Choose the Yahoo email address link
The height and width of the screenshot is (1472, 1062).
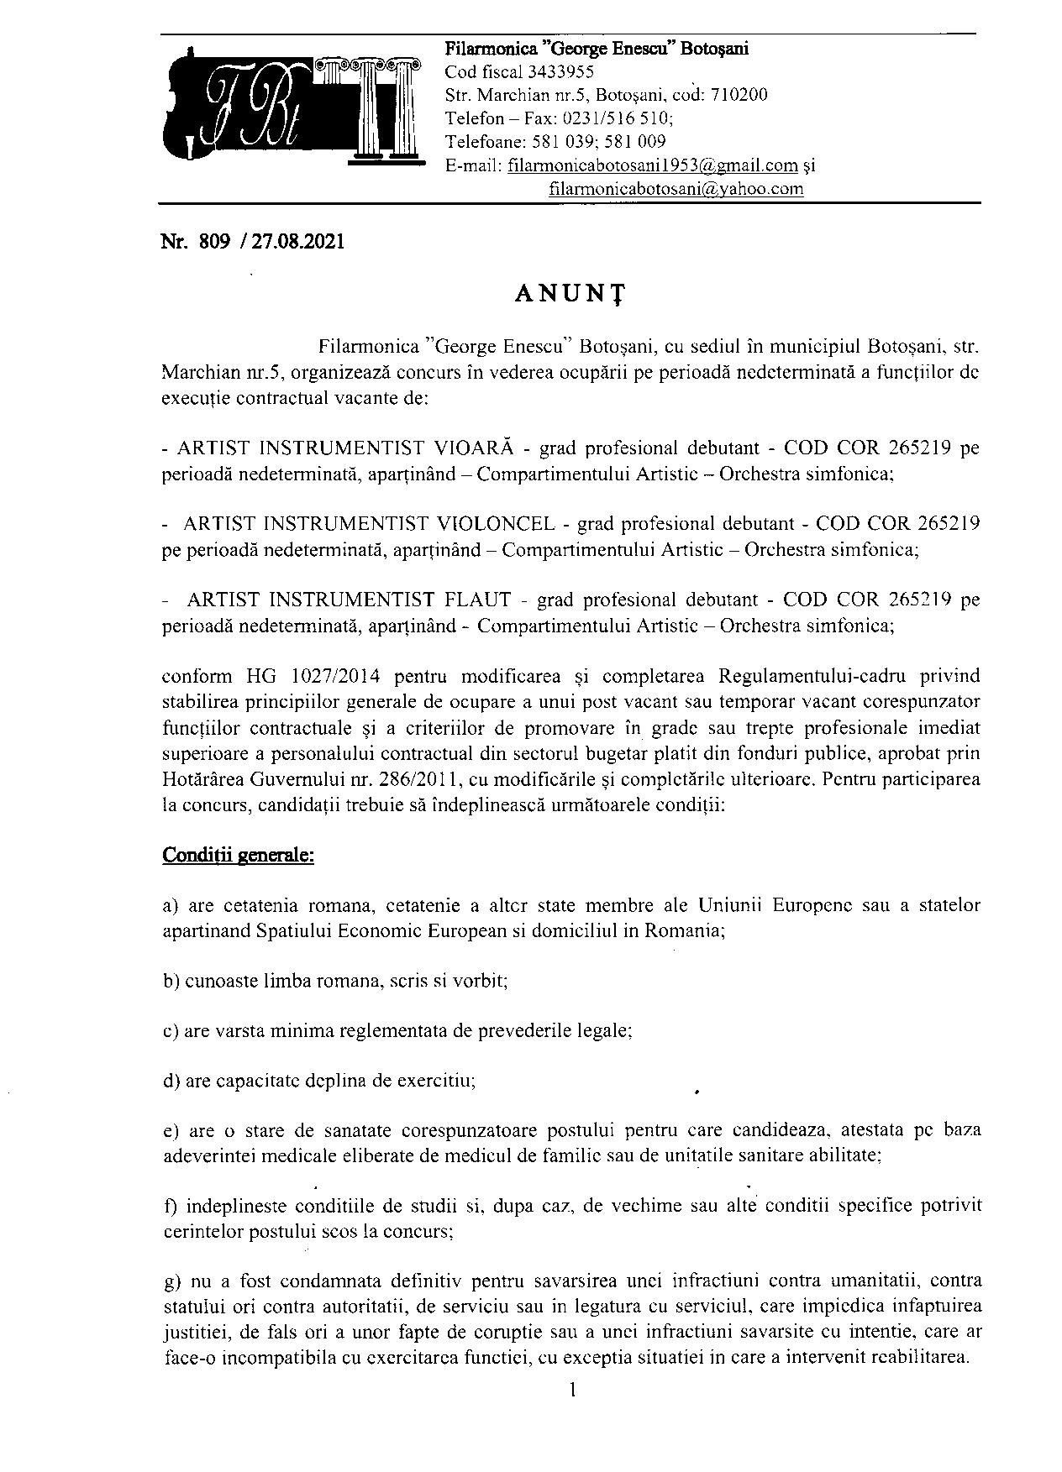[676, 189]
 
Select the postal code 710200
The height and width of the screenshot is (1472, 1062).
[739, 95]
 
